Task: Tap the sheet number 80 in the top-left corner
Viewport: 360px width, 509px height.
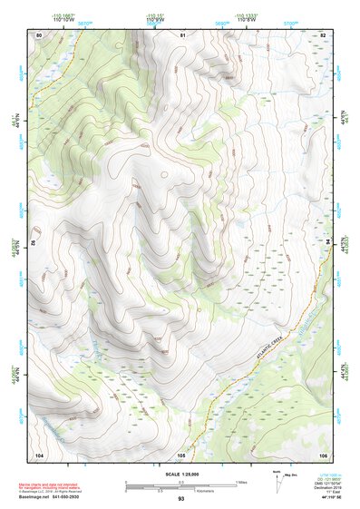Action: click(39, 34)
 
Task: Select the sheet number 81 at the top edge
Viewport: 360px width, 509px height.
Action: click(181, 34)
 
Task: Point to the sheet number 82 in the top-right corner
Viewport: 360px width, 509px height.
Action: click(322, 34)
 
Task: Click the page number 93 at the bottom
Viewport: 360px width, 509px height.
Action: click(180, 499)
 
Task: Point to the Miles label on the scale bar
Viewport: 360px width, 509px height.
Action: click(241, 482)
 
